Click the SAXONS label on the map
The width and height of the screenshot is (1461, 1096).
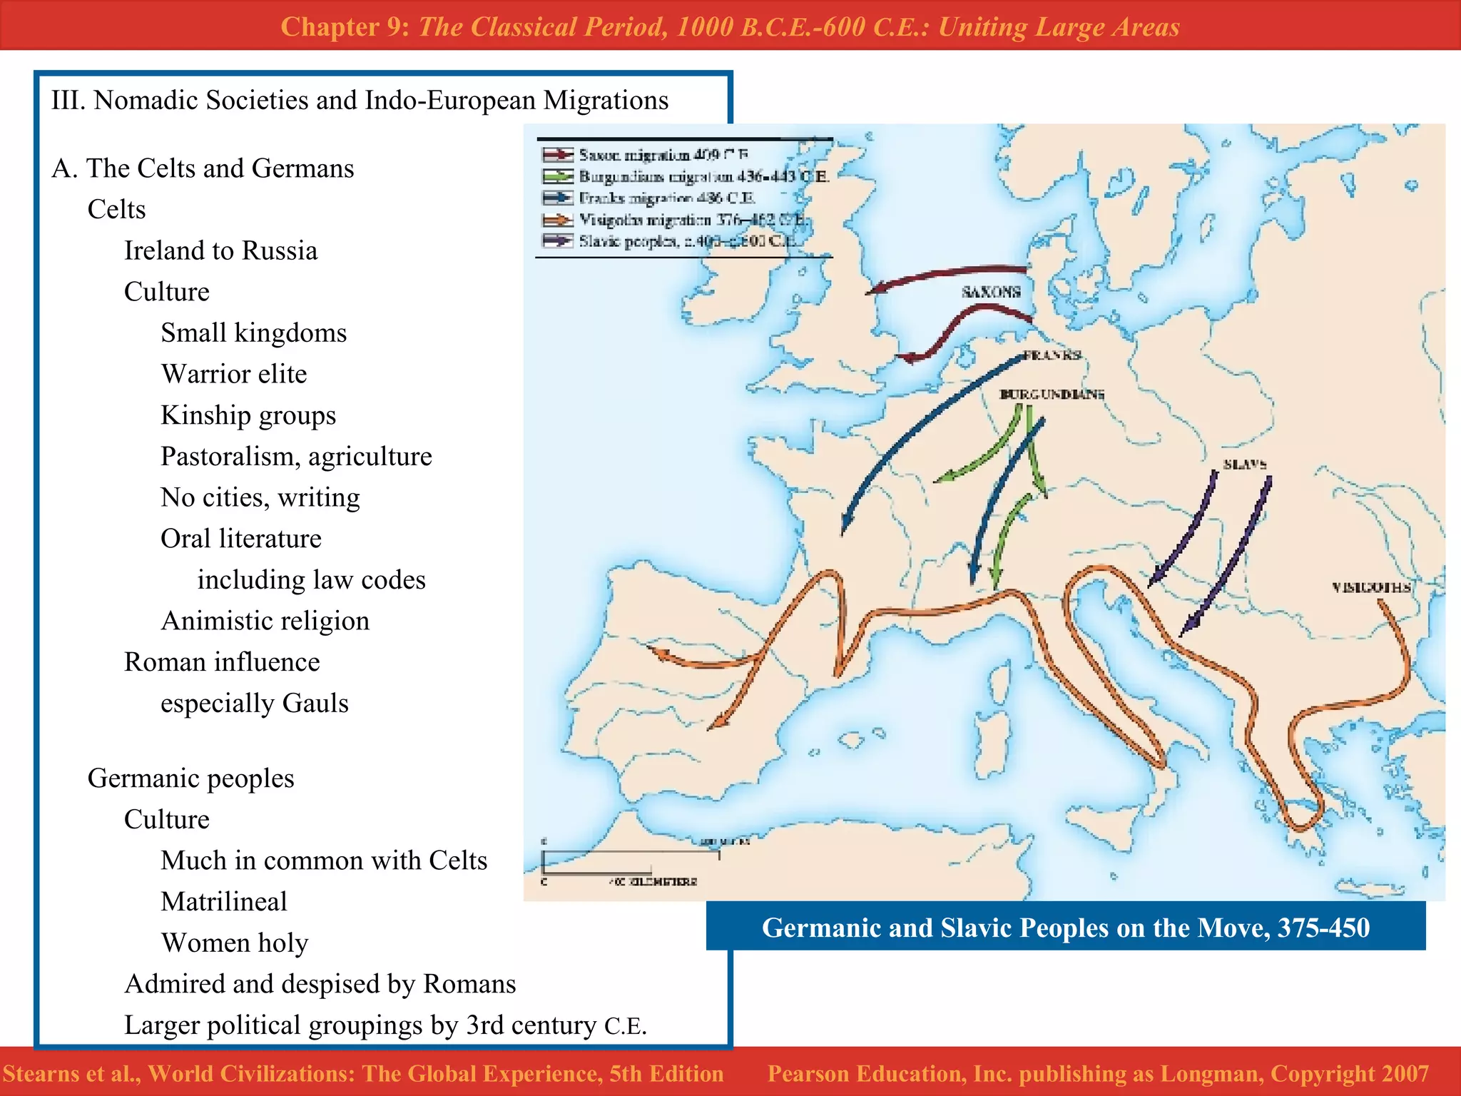pos(990,292)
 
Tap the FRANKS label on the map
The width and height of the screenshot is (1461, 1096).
pos(1052,355)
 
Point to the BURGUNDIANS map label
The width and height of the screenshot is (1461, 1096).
pos(1052,394)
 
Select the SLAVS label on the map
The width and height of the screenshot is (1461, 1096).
pos(1245,465)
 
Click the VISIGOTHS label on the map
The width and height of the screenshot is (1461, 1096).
pos(1370,587)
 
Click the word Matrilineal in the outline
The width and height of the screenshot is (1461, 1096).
pos(224,901)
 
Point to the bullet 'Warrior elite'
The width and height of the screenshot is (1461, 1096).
pos(234,374)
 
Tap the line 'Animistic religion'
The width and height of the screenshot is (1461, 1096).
pos(265,621)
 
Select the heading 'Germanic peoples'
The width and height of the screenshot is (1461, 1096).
pos(190,778)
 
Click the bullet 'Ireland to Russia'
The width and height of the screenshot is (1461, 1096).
pos(220,250)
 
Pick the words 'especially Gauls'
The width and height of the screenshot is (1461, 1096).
pos(255,703)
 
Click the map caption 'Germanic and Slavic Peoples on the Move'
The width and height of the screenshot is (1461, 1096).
pos(1065,928)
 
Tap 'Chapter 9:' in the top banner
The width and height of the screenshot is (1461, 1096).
pos(345,26)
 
